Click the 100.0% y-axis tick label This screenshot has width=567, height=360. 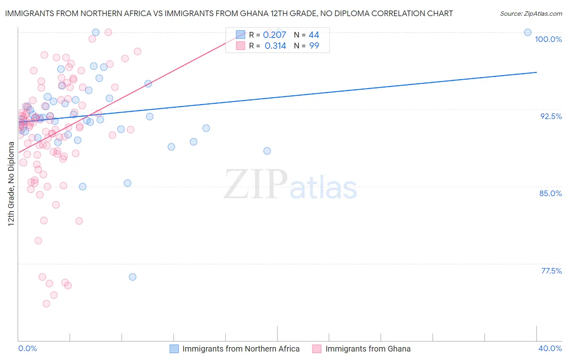pos(548,39)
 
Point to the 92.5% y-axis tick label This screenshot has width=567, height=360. pos(551,116)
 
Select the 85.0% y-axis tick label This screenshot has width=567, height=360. pos(550,193)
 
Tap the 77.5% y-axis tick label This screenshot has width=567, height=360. pos(551,271)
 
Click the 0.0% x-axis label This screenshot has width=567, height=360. pos(27,348)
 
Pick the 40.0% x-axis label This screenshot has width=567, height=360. pos(550,348)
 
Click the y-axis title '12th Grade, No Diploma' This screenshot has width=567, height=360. pos(11,184)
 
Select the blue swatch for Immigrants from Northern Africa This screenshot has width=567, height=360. pos(174,349)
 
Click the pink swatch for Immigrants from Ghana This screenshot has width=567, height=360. pos(317,349)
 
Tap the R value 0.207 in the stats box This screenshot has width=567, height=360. pos(274,35)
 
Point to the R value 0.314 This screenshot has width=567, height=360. pos(275,46)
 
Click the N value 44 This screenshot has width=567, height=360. pos(314,35)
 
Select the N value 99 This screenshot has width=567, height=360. pos(314,46)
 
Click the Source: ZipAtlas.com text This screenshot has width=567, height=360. pos(531,14)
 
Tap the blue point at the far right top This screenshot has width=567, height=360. pos(527,32)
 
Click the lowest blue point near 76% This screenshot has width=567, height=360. pos(132,277)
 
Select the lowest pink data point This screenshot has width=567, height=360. pos(46,303)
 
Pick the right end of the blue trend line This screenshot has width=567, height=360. pos(536,72)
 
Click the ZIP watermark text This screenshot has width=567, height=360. pos(256,184)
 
